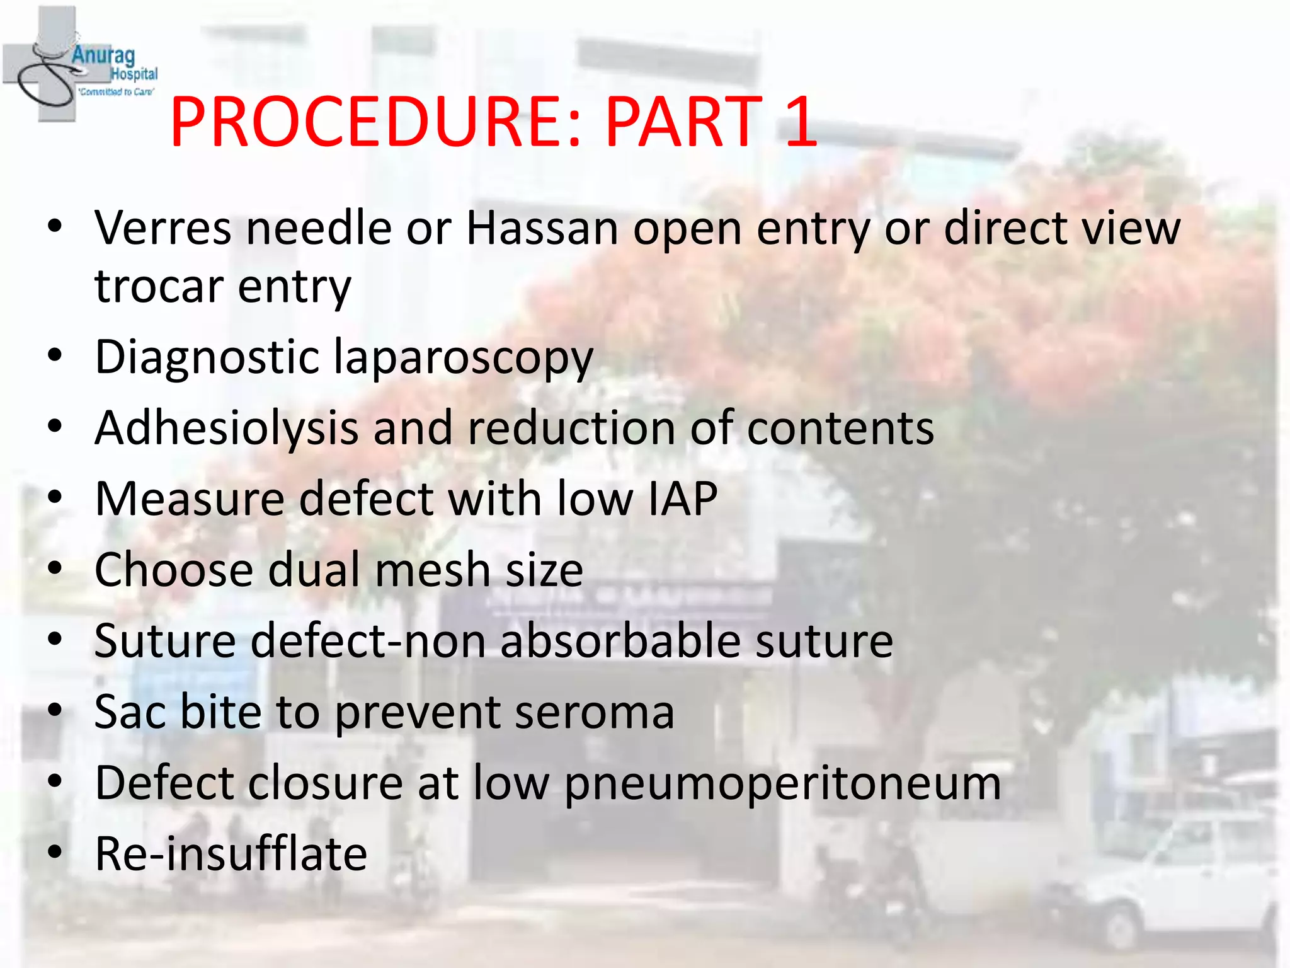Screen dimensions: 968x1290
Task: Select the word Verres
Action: [x=163, y=228]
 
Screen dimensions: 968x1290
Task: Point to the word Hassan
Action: [x=542, y=228]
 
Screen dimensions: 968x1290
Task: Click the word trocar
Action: [x=159, y=287]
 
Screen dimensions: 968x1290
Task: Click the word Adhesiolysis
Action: [x=226, y=429]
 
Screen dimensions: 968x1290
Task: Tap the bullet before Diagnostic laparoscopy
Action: [x=55, y=357]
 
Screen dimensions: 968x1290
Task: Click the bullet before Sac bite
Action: [x=55, y=712]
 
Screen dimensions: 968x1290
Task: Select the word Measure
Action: [x=189, y=499]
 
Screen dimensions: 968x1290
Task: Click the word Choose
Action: [x=174, y=570]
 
